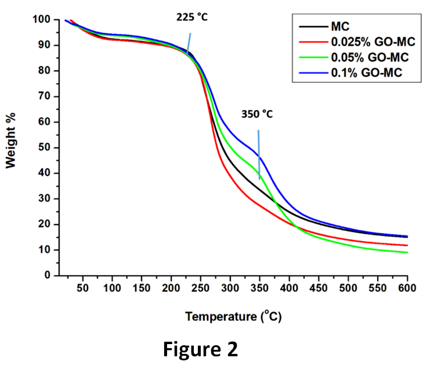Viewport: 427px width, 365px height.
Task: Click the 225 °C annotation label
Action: [x=192, y=17]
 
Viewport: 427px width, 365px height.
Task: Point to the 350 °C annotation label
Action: [x=257, y=114]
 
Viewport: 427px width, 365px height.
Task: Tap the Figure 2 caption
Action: [x=200, y=349]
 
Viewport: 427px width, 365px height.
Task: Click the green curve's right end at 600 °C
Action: [x=406, y=252]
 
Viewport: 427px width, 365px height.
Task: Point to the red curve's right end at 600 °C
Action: [x=406, y=245]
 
